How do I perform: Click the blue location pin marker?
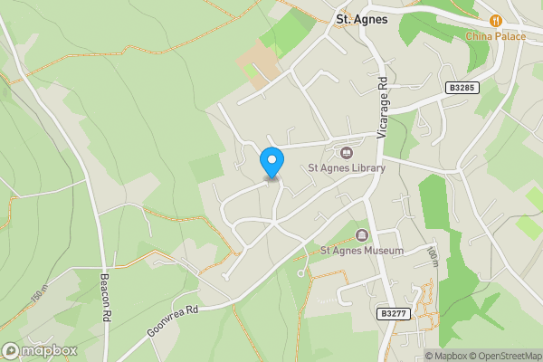pyautogui.click(x=271, y=162)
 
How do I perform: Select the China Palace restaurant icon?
pyautogui.click(x=495, y=21)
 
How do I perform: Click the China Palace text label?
pyautogui.click(x=495, y=36)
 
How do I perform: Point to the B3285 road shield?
pyautogui.click(x=462, y=88)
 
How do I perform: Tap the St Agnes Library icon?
pyautogui.click(x=347, y=152)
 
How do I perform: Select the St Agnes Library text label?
pyautogui.click(x=347, y=167)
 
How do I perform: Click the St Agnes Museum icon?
pyautogui.click(x=363, y=235)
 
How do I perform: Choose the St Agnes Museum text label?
pyautogui.click(x=362, y=251)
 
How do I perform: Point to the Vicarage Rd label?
pyautogui.click(x=383, y=107)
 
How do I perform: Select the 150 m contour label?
pyautogui.click(x=38, y=295)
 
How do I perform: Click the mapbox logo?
pyautogui.click(x=39, y=350)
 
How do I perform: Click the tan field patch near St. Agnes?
pyautogui.click(x=259, y=64)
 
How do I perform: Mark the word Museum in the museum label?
pyautogui.click(x=383, y=251)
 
